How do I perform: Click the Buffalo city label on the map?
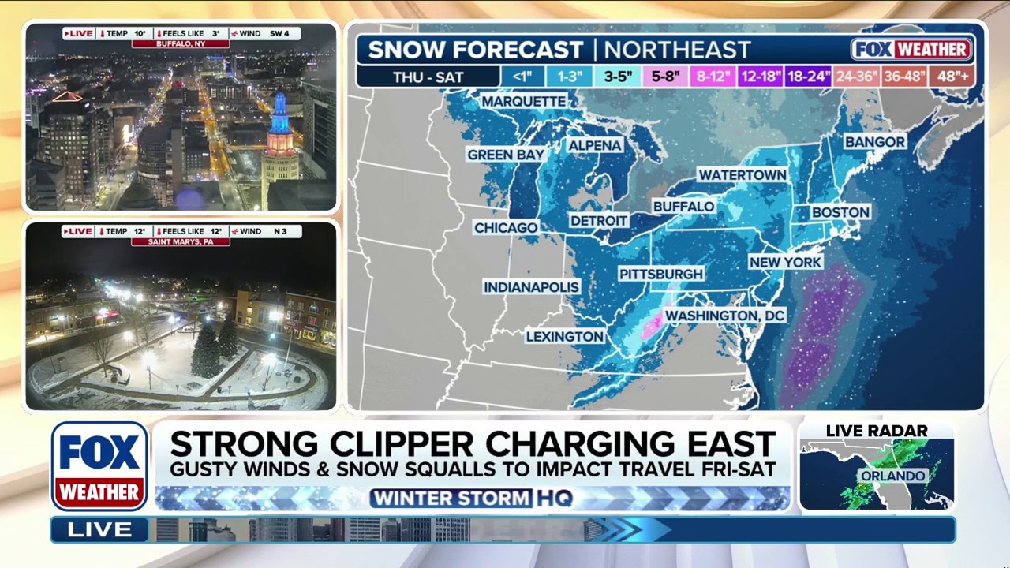(683, 207)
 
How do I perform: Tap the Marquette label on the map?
(523, 102)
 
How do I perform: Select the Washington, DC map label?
(724, 316)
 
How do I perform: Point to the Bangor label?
(874, 142)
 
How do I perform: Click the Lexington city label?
(564, 337)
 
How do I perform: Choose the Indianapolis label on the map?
(531, 287)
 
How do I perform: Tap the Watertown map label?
(742, 174)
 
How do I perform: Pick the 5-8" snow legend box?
(664, 77)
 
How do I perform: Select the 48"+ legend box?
(952, 77)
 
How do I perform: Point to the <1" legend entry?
(522, 77)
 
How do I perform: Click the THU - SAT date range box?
(428, 77)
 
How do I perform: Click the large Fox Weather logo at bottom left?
(99, 466)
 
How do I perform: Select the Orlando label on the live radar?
(892, 476)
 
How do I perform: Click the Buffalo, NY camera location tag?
(181, 44)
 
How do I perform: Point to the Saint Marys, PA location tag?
(181, 241)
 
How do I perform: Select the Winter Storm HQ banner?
(471, 499)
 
